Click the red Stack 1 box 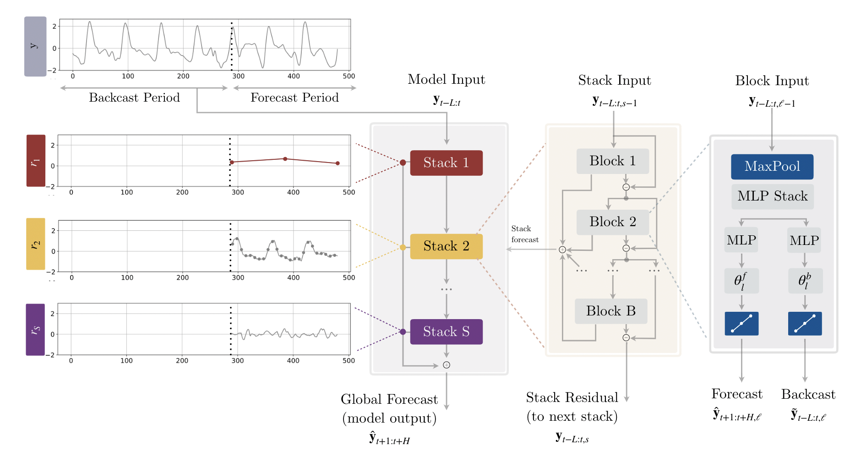point(446,163)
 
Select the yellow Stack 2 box point(446,246)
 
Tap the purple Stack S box point(446,331)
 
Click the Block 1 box point(612,161)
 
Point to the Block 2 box point(612,222)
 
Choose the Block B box point(611,311)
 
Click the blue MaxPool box point(772,167)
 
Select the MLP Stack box point(772,196)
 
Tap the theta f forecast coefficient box point(741,281)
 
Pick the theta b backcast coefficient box point(805,281)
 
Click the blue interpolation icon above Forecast point(741,324)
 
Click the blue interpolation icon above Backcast point(805,324)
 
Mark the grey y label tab point(35,46)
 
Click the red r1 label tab point(36,161)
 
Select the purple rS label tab point(35,330)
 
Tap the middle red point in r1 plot point(285,159)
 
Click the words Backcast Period point(134,98)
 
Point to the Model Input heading point(446,80)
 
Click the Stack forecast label point(525,234)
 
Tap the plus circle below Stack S point(447,365)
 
